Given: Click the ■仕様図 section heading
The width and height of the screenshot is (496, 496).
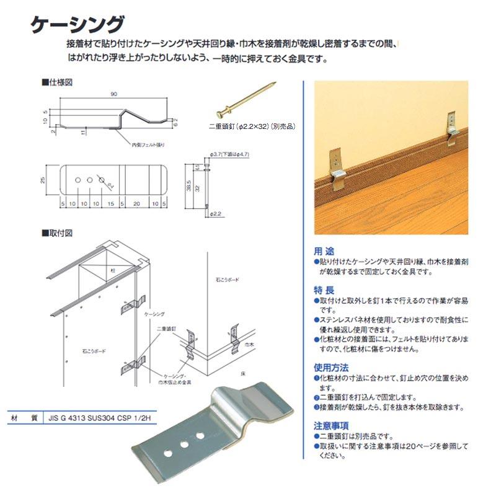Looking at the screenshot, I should [x=59, y=81].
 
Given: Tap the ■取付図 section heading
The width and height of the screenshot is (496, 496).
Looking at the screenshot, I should [x=59, y=233].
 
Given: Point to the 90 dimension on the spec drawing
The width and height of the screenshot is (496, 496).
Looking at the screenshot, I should [x=114, y=94].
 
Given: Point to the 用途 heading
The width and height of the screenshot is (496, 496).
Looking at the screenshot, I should [x=324, y=252].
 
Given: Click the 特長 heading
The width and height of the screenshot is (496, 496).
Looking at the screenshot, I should [x=324, y=290].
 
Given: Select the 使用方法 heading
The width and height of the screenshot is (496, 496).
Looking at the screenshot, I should [x=331, y=368].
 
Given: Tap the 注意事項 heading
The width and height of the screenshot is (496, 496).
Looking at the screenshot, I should [x=331, y=425].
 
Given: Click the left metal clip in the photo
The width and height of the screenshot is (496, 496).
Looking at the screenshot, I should [x=339, y=168].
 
